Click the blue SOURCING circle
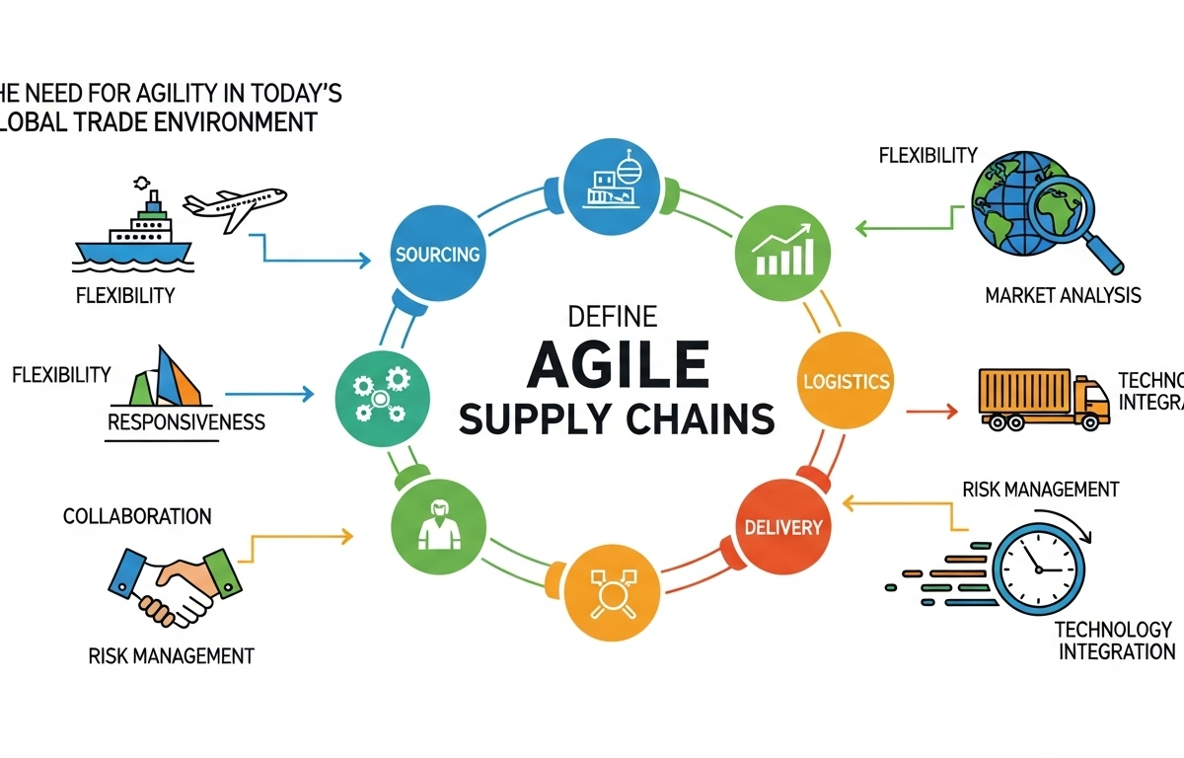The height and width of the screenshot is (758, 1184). tap(437, 254)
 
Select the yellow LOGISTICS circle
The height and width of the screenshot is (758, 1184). tap(848, 381)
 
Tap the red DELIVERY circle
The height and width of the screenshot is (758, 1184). tap(783, 526)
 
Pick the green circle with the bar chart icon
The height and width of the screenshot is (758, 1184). tap(782, 254)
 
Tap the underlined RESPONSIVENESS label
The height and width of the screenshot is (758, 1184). tap(185, 422)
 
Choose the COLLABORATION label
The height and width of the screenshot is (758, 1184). tap(137, 516)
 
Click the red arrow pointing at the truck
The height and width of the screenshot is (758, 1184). tap(932, 409)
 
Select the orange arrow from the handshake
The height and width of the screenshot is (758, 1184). tap(301, 538)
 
